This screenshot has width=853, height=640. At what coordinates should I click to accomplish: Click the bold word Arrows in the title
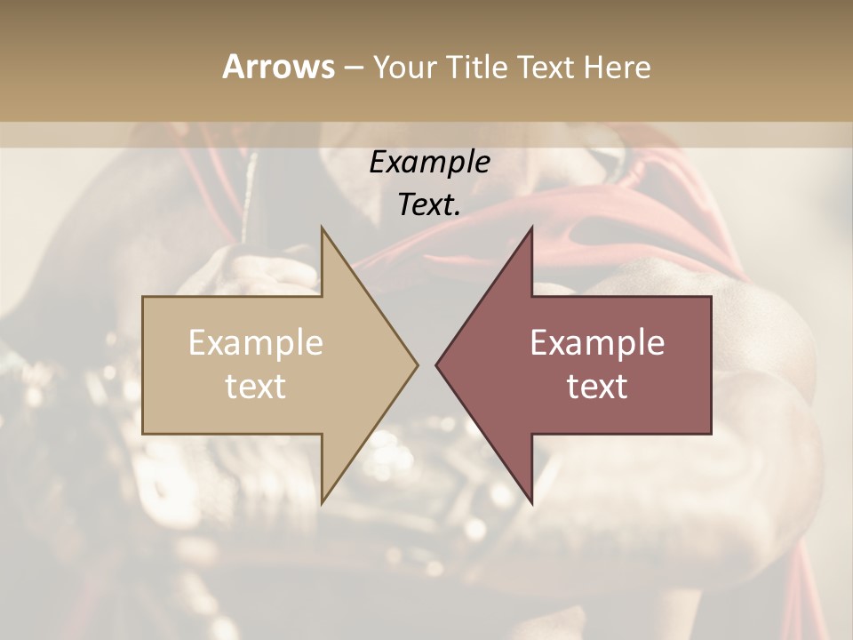(278, 67)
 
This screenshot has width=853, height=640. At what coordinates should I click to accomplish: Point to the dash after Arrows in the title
(353, 68)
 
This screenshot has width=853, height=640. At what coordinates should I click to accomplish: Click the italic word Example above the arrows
(430, 162)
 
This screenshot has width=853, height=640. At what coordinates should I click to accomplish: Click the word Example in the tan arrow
(256, 343)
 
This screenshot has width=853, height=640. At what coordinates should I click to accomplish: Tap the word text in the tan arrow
(256, 387)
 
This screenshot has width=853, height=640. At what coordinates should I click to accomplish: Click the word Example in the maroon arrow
(597, 343)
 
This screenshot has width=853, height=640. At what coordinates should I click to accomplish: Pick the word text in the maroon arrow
(597, 387)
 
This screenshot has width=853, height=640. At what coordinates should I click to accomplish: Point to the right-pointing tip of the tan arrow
(418, 364)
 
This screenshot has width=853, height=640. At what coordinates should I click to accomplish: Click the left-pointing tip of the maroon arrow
(436, 364)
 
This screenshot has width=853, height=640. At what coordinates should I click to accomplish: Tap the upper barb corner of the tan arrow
(322, 227)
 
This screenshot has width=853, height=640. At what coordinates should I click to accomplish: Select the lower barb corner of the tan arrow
(322, 503)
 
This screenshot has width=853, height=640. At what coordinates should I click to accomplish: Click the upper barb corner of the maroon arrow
(532, 227)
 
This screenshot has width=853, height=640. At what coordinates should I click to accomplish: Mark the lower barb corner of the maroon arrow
(532, 503)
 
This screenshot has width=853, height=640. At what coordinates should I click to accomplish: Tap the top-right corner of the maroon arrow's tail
(711, 297)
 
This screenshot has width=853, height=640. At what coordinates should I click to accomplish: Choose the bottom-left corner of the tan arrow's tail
(143, 434)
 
